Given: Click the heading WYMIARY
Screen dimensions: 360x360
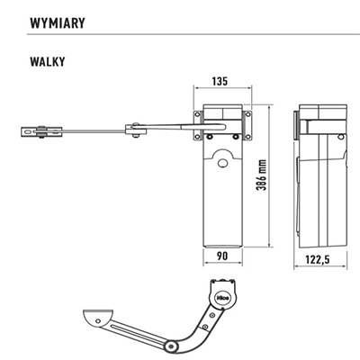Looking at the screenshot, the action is point(58,23).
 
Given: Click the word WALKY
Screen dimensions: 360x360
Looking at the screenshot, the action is point(48,61).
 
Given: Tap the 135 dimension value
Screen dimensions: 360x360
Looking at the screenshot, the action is point(220,81).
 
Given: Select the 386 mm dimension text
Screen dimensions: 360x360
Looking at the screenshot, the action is point(261,175).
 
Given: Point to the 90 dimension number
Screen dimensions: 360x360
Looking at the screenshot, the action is point(222,256).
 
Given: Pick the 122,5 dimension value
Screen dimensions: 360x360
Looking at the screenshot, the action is point(318,259).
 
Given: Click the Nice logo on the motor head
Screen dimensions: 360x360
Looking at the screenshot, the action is point(222,298).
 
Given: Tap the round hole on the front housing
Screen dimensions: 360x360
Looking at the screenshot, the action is point(222,163).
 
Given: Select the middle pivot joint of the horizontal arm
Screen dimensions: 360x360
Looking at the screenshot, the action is point(136,130).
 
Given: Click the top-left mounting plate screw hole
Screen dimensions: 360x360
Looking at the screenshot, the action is point(197,114).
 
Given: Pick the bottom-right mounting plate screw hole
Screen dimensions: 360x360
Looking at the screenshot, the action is point(248,137).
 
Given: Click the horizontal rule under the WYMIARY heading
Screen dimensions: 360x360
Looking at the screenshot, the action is point(193,34).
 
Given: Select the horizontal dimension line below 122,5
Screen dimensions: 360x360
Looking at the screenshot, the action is point(320,267).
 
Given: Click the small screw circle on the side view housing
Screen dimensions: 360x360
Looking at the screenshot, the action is point(340,138).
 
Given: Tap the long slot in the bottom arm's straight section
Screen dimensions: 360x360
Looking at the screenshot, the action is point(139,331).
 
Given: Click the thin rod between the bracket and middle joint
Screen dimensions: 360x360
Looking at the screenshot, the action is point(94,130).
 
